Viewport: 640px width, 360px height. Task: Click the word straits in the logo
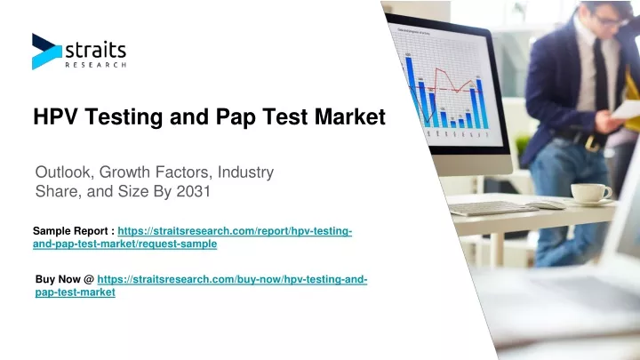95,51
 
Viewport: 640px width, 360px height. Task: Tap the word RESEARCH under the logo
95,65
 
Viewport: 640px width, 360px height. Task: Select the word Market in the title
350,116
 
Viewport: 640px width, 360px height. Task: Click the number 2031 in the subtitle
193,191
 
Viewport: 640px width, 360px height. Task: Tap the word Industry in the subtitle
245,172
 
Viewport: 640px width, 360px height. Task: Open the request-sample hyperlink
192,237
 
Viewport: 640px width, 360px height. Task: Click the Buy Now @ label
65,279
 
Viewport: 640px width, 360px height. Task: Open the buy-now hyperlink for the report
201,285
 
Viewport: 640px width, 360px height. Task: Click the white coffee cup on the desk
591,193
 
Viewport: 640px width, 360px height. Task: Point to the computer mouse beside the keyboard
546,205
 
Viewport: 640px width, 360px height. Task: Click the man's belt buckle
590,143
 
